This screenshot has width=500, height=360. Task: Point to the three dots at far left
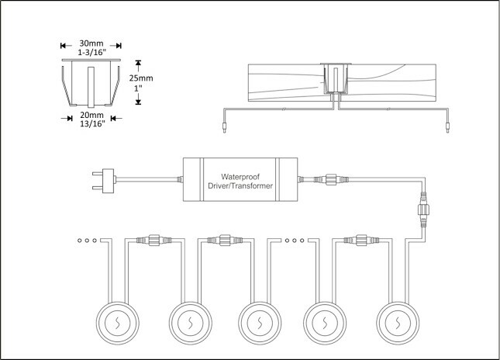[x=85, y=241]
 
